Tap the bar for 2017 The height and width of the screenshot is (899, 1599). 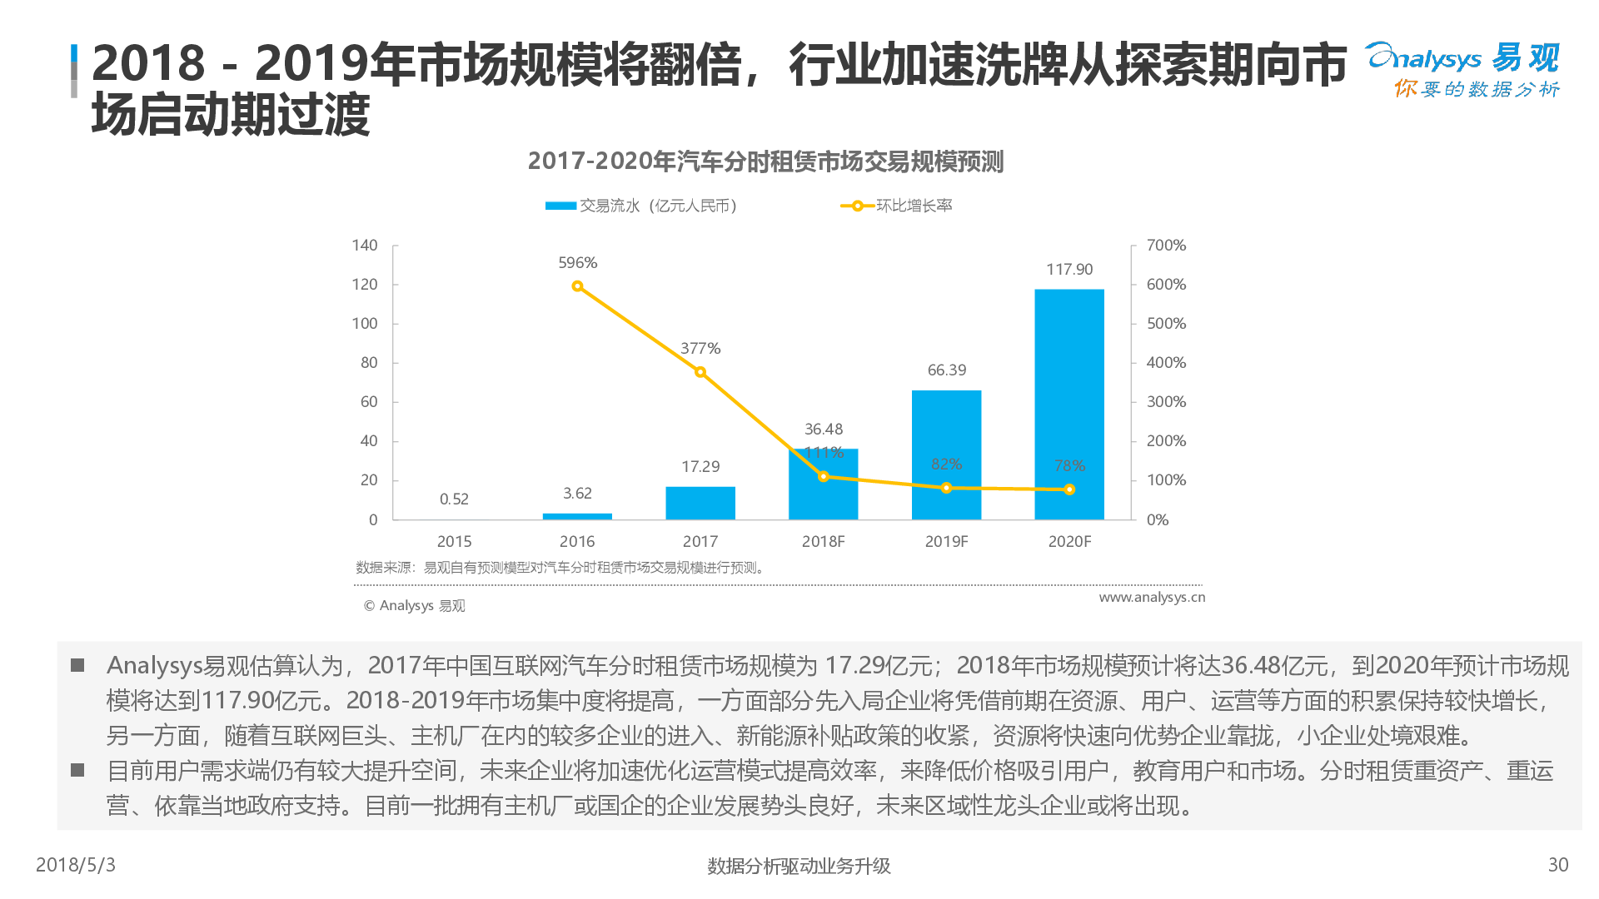(x=700, y=503)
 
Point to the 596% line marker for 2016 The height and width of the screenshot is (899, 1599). (x=577, y=286)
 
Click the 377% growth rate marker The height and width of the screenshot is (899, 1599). (x=700, y=372)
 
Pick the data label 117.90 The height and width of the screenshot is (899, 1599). (x=1069, y=270)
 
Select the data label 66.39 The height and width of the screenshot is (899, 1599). (x=947, y=370)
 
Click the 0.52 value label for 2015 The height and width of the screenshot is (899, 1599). (x=454, y=499)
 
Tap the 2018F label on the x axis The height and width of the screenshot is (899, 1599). (x=823, y=542)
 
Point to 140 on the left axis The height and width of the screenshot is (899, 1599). (x=365, y=246)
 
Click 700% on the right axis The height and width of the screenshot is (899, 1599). (x=1166, y=246)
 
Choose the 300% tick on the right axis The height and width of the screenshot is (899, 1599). (x=1166, y=402)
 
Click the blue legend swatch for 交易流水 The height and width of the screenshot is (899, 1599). (x=560, y=206)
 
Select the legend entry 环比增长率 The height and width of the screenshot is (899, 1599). (x=913, y=206)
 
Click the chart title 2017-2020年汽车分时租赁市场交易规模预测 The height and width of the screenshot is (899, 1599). (x=765, y=161)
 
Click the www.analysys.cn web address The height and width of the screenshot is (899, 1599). (x=1152, y=598)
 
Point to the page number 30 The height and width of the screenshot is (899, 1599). (x=1558, y=865)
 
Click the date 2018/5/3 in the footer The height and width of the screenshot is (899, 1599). (x=76, y=865)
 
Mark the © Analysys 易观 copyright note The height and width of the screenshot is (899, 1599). (x=415, y=606)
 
